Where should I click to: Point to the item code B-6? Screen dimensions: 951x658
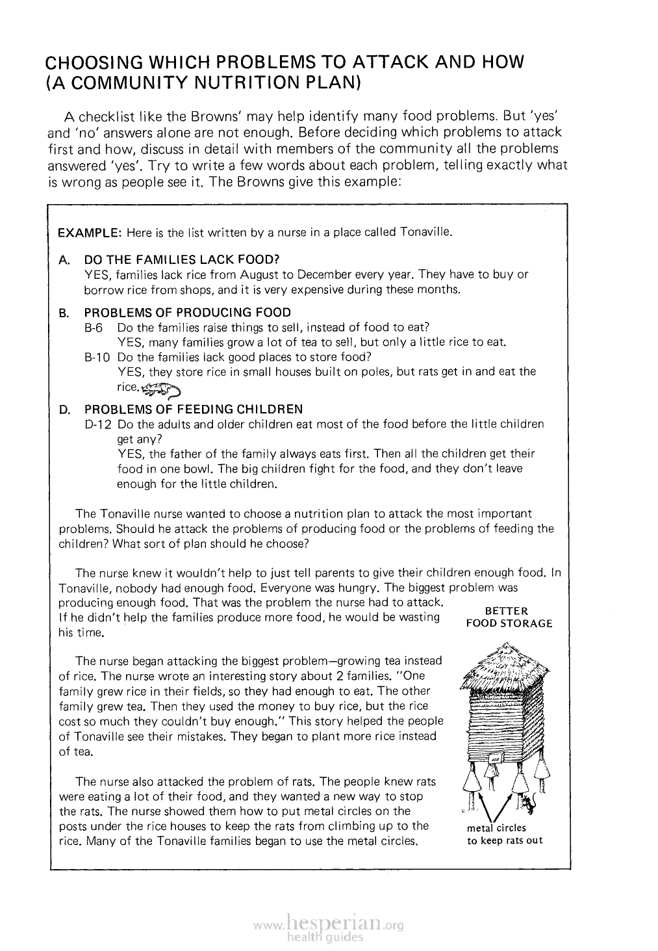95,328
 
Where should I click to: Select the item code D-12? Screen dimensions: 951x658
97,424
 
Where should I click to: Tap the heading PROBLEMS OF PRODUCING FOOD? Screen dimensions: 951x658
188,313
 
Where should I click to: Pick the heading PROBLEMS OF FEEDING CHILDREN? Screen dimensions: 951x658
194,410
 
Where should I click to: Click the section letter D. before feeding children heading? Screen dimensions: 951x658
64,410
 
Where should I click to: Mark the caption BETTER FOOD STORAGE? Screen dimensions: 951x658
509,617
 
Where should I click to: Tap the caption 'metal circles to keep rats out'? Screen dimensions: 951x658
505,834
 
